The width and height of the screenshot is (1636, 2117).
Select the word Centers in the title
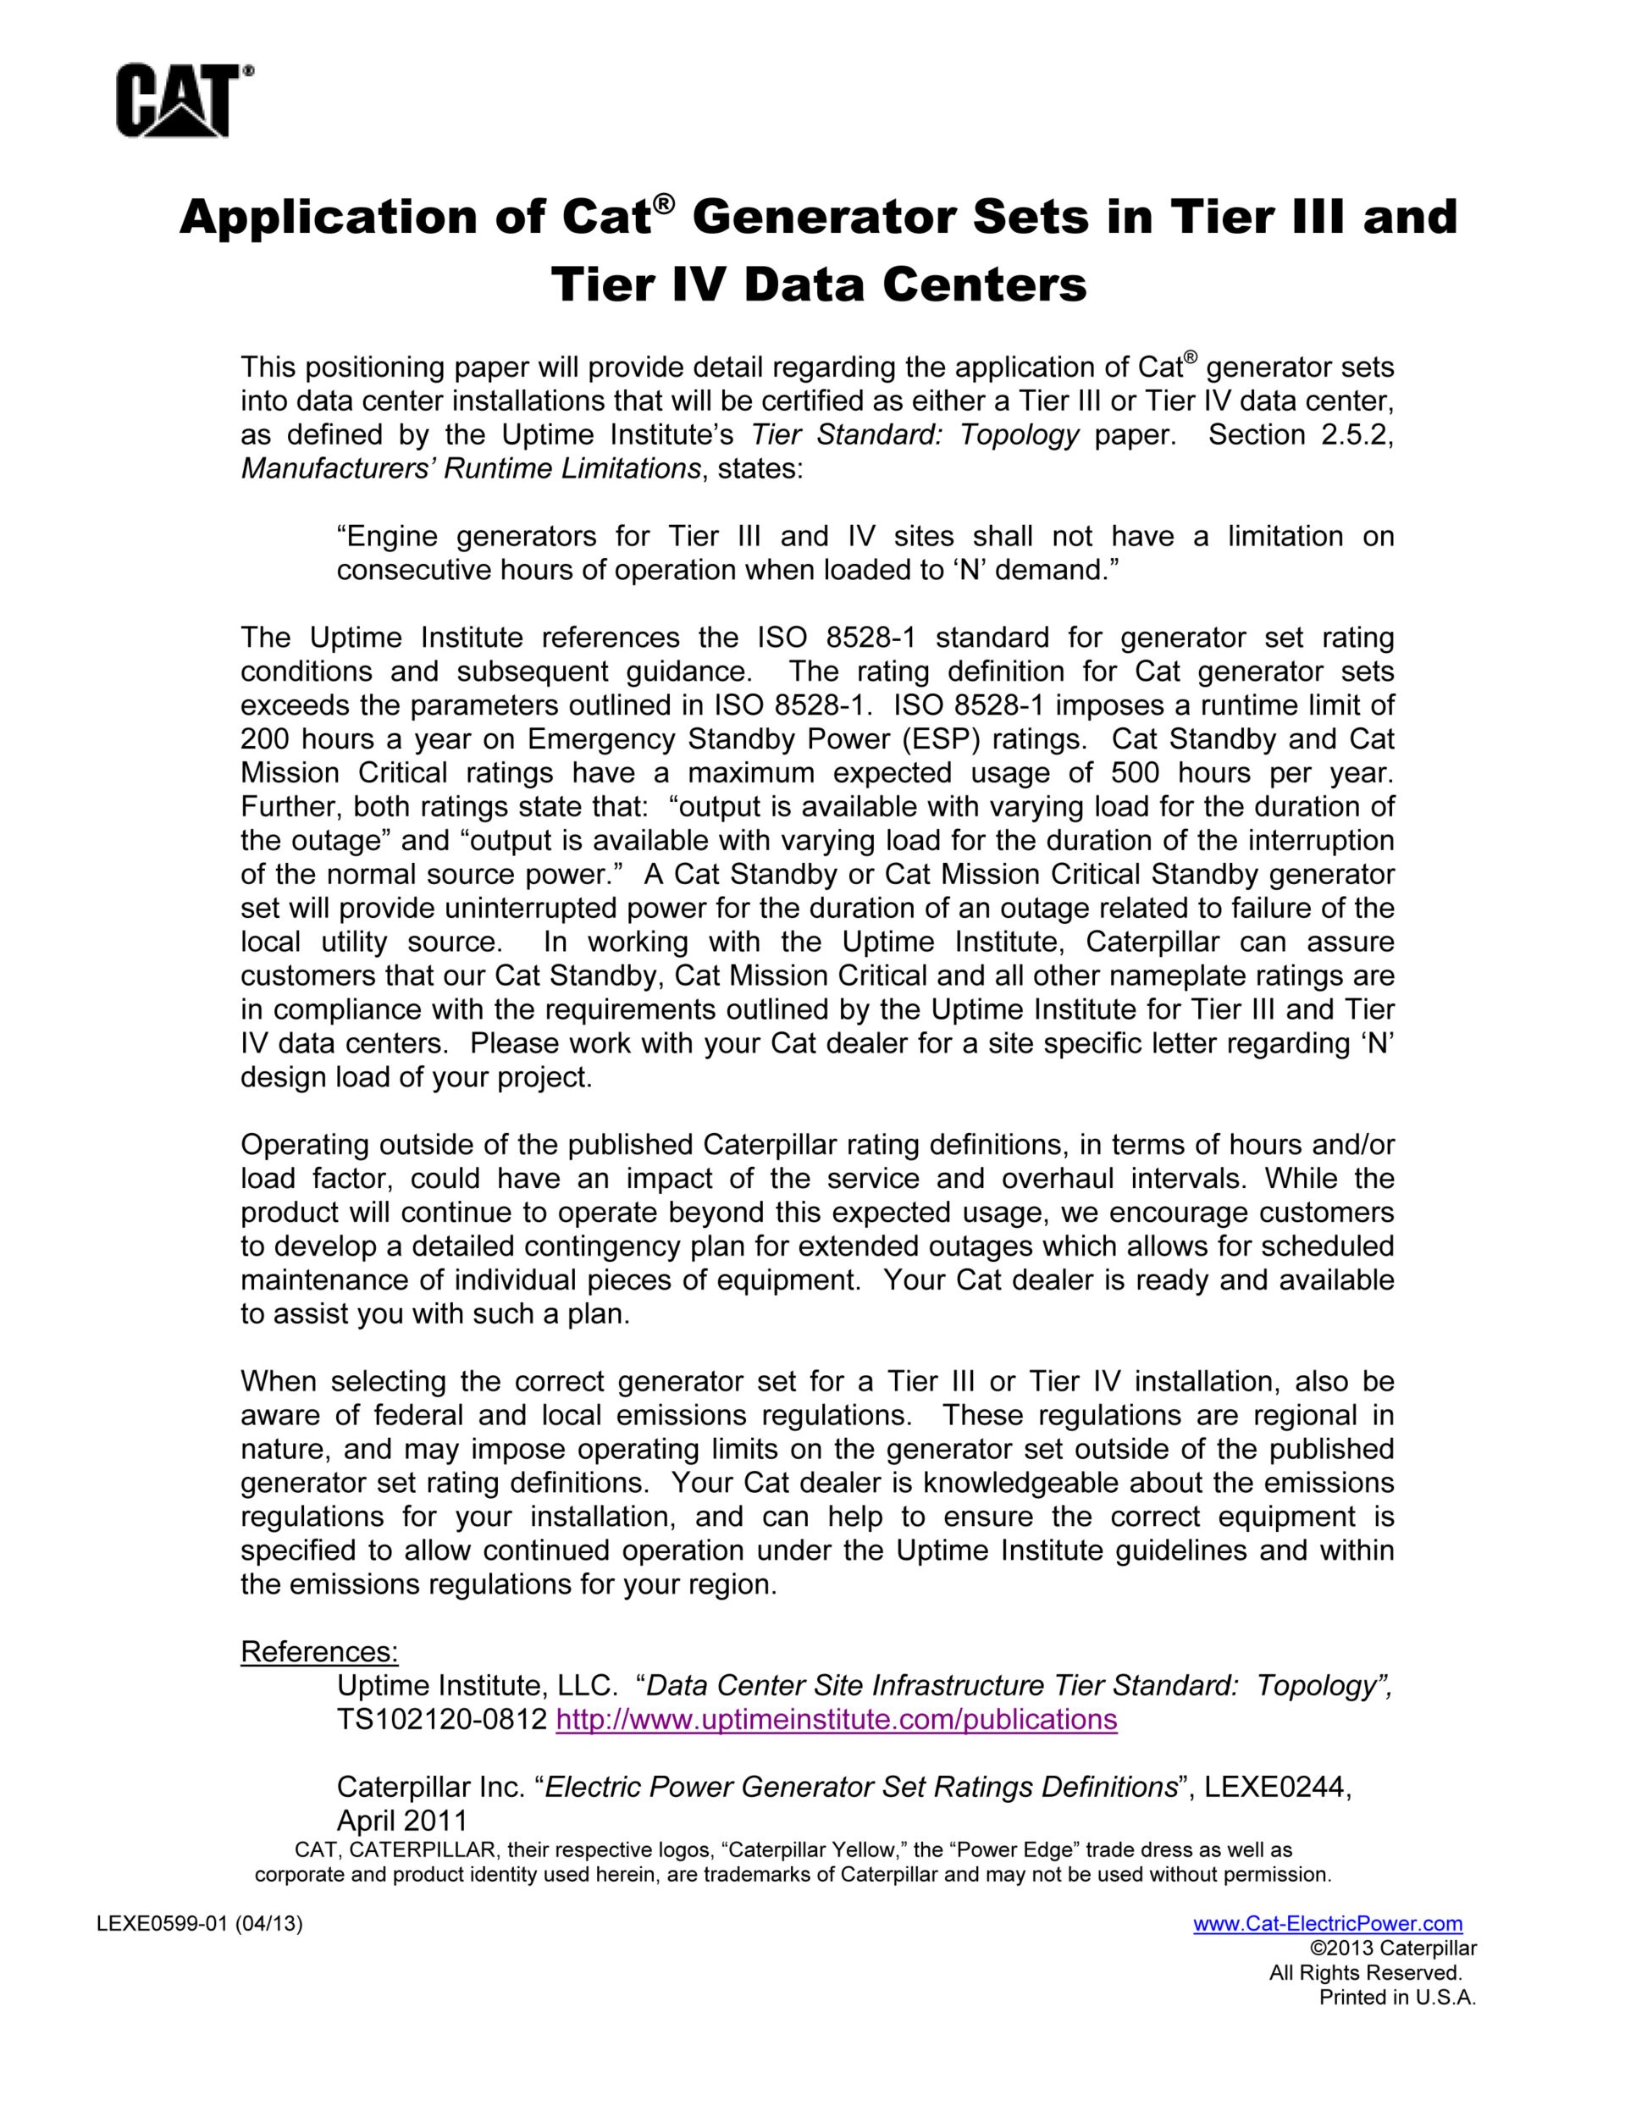[x=977, y=285]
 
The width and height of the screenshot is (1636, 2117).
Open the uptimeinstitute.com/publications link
[x=837, y=1720]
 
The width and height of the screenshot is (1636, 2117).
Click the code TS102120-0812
[x=442, y=1720]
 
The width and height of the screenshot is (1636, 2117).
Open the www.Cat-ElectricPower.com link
[x=1327, y=1924]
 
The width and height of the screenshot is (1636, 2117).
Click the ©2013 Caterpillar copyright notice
[x=1393, y=1948]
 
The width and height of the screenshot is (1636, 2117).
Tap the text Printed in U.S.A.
[x=1396, y=1997]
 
